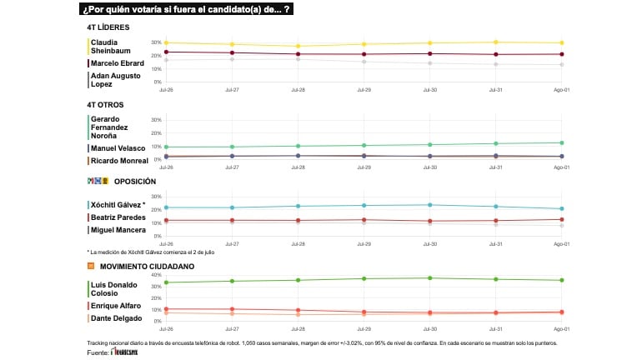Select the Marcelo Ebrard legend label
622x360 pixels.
pyautogui.click(x=118, y=62)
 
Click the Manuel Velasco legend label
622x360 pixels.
pyautogui.click(x=118, y=147)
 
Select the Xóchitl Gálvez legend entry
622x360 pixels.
pyautogui.click(x=118, y=204)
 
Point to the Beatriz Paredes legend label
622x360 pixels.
pyautogui.click(x=118, y=217)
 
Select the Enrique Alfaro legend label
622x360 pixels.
pyautogui.click(x=115, y=306)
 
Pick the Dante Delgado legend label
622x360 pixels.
pyautogui.click(x=115, y=318)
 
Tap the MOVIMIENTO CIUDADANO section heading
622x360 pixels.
pyautogui.click(x=147, y=266)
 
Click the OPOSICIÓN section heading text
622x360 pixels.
pyautogui.click(x=135, y=181)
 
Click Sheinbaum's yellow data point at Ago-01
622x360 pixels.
pyautogui.click(x=561, y=42)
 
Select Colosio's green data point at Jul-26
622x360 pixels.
pyautogui.click(x=167, y=282)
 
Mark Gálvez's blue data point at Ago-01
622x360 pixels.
pyautogui.click(x=561, y=208)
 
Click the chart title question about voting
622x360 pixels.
pyautogui.click(x=187, y=9)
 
